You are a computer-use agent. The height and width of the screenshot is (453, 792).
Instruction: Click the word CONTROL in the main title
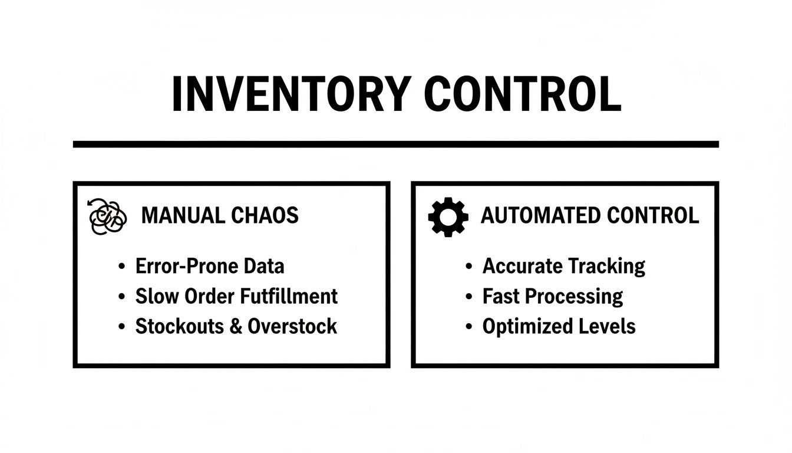523,94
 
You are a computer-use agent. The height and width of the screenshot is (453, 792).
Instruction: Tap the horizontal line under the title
395,144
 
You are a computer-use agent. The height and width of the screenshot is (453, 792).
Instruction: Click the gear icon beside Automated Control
448,217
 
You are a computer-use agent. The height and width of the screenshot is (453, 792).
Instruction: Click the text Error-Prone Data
210,266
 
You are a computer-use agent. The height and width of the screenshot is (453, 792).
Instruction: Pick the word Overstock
292,326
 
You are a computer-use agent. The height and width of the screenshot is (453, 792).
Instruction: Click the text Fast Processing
553,296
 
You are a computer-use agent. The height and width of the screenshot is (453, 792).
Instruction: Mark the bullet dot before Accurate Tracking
468,267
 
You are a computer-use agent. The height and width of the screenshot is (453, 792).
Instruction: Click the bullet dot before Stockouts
121,327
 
